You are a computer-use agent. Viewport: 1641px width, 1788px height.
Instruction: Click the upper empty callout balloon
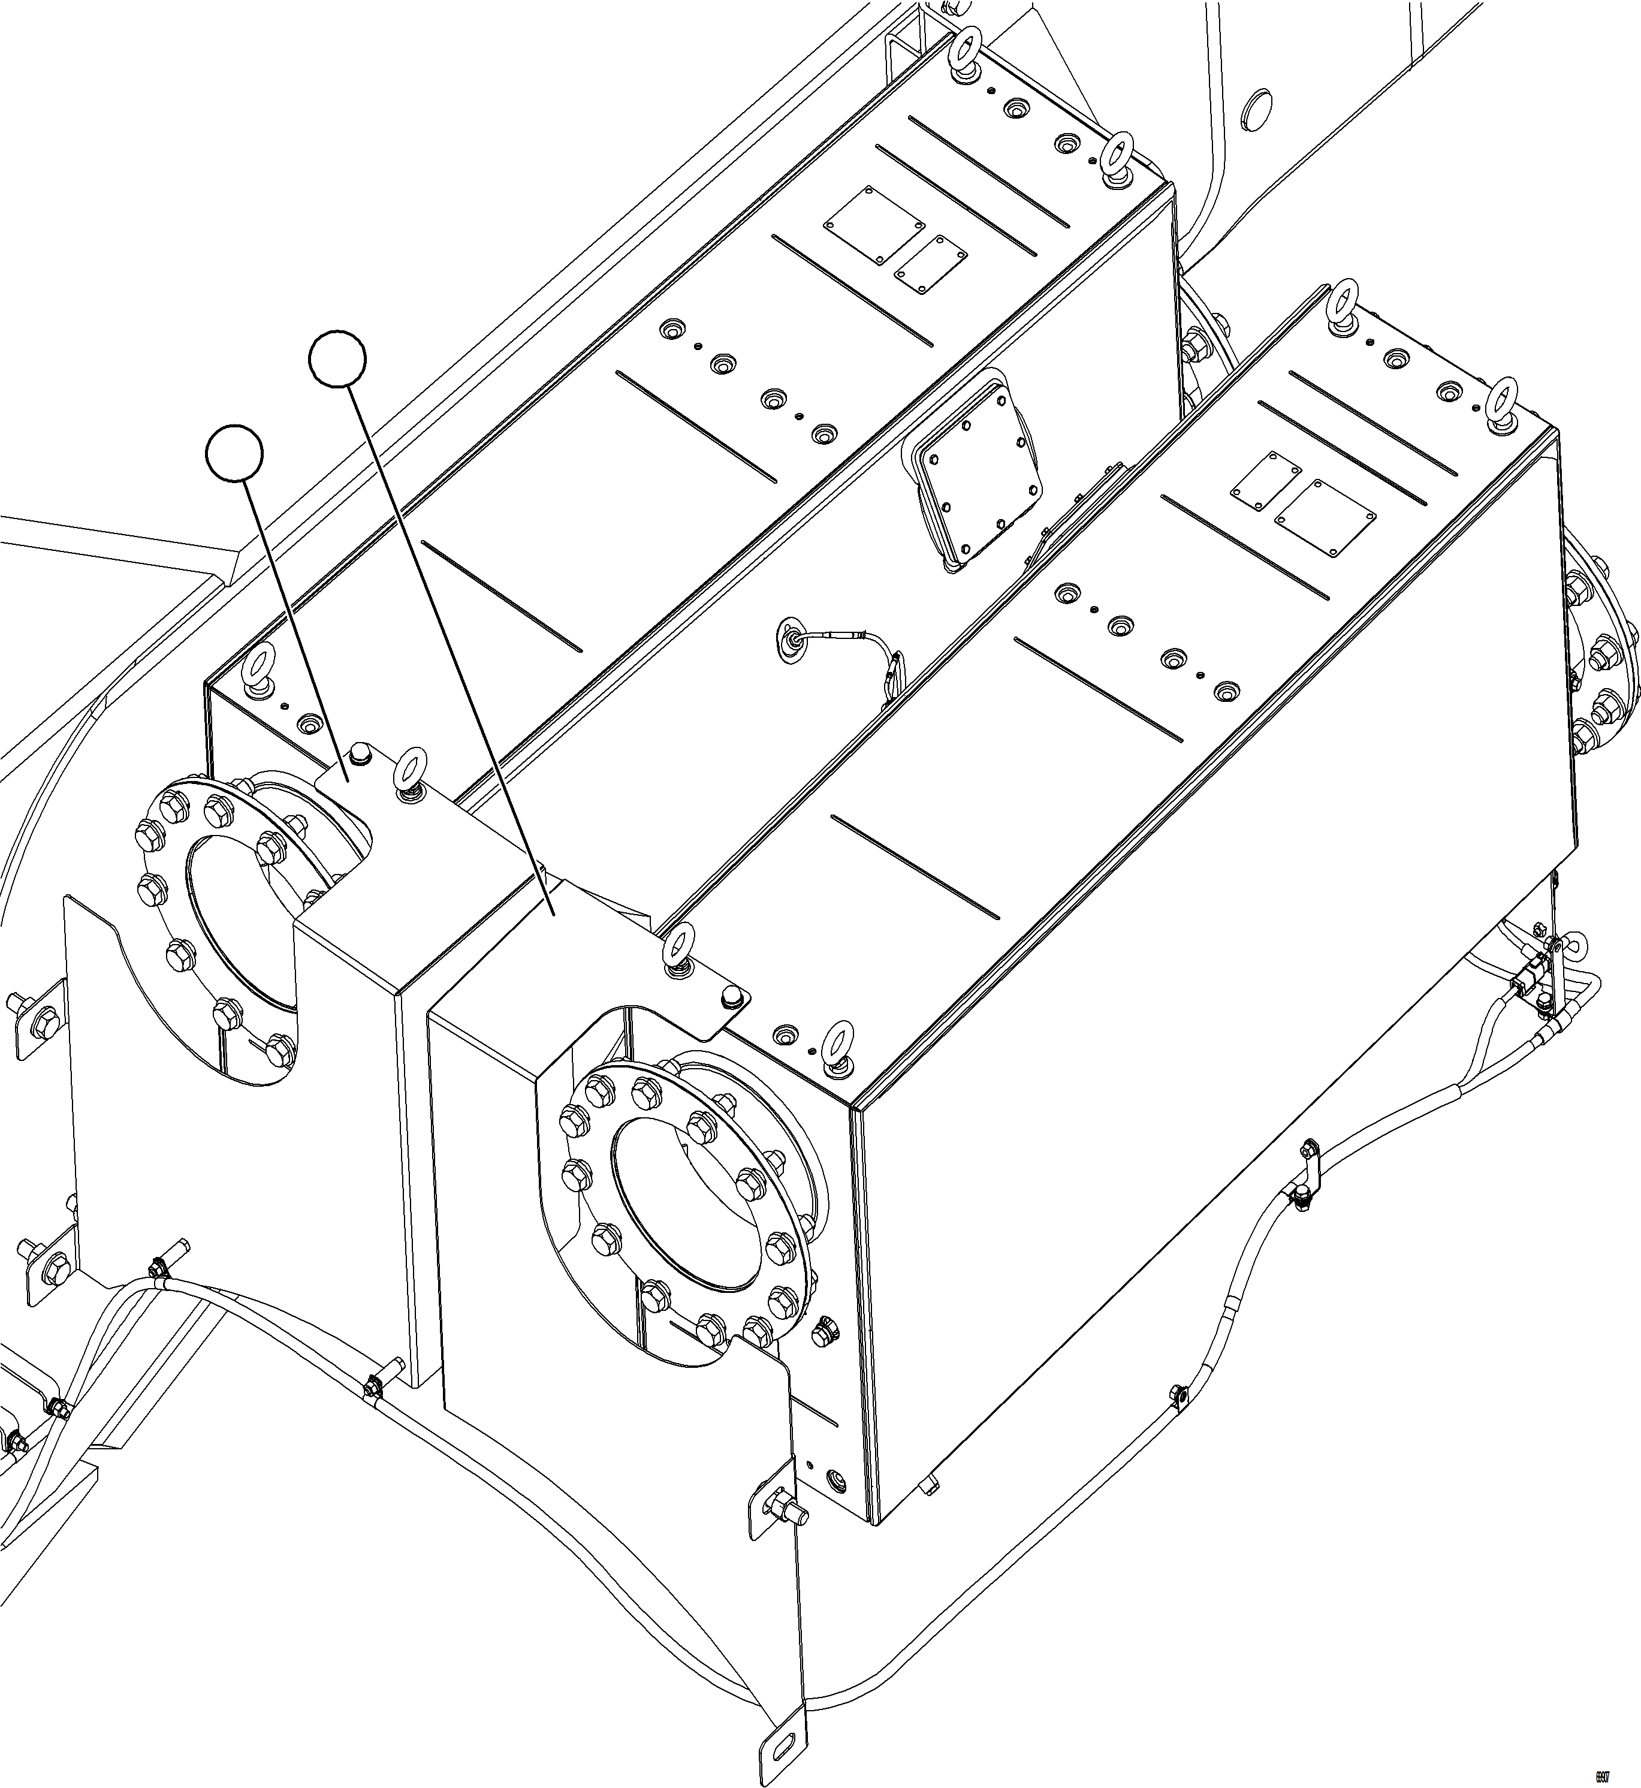[337, 359]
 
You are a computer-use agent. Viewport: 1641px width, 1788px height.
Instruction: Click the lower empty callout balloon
[234, 453]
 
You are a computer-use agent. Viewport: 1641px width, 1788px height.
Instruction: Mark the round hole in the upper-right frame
[1259, 108]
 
